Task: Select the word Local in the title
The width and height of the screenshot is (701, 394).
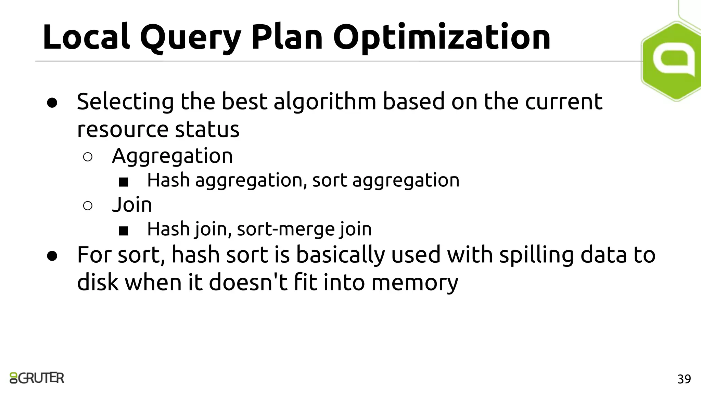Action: click(86, 36)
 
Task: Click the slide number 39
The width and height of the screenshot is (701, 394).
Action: click(684, 379)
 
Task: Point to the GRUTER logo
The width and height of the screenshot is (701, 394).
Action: click(37, 378)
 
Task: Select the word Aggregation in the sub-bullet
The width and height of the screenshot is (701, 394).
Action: click(172, 156)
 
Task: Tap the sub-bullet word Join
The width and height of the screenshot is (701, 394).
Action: click(132, 205)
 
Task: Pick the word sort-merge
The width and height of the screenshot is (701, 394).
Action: click(285, 229)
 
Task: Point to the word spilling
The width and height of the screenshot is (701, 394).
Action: click(536, 255)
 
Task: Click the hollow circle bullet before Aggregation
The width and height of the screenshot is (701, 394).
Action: click(88, 157)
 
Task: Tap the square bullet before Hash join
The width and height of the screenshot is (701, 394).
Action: click(123, 231)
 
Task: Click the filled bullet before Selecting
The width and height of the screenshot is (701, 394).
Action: click(52, 103)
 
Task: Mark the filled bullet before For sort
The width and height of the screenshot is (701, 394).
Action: click(52, 256)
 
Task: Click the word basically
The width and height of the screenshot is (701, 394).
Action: click(340, 255)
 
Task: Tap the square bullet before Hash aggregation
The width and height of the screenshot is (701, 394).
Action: click(123, 182)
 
